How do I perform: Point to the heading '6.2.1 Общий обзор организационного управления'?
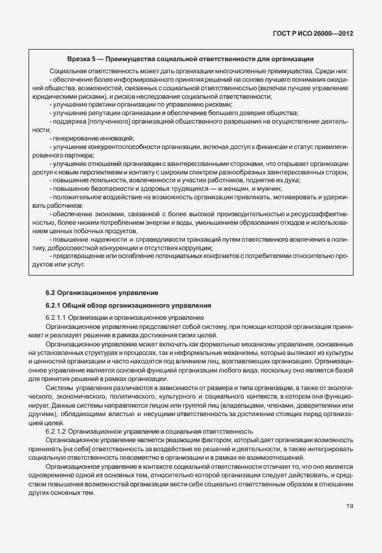pyautogui.click(x=129, y=305)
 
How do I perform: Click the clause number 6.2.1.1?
pyautogui.click(x=56, y=318)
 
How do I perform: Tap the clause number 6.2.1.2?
pyautogui.click(x=56, y=431)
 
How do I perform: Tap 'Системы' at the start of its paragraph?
pyautogui.click(x=59, y=385)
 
